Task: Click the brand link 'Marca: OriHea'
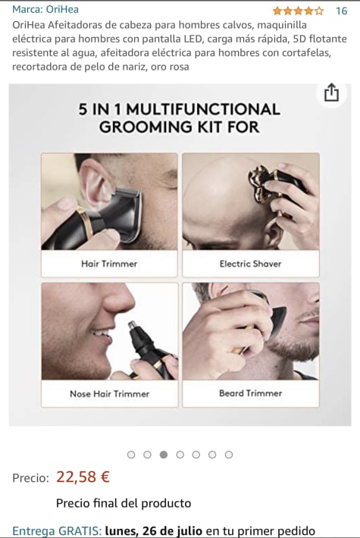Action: coord(45,9)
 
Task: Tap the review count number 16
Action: coord(342,11)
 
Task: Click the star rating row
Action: coord(298,11)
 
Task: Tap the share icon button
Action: coord(331,92)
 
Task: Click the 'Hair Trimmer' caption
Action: coord(109,264)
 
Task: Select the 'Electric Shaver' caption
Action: coord(251,264)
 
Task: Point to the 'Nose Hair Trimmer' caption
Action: coord(109,393)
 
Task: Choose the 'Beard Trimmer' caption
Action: coord(251,393)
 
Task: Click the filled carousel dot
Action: coord(164,455)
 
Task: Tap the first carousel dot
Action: coord(131,455)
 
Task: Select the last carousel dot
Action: coord(229,455)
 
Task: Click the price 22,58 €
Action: coord(83,477)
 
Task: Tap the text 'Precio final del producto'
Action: coord(124,503)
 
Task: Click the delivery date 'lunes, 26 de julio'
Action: coord(154,530)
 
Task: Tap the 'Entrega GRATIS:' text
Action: coord(57,530)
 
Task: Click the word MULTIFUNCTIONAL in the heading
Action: coord(203,109)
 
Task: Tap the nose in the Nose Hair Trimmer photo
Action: coord(118,299)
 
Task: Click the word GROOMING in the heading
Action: coord(146,127)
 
